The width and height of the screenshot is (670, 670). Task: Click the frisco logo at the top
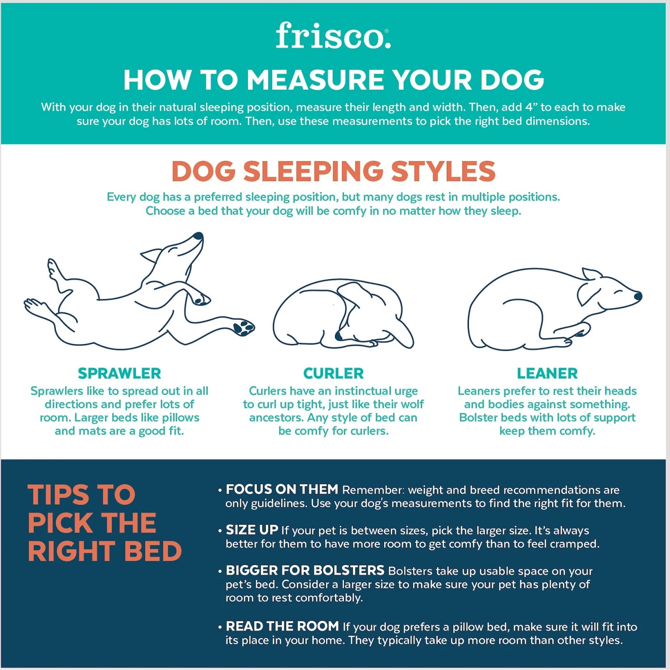click(333, 36)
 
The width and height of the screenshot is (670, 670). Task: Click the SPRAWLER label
click(119, 373)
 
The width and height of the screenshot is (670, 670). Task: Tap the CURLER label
click(333, 373)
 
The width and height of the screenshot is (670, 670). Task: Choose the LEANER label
click(547, 373)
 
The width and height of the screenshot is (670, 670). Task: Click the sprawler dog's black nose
click(197, 236)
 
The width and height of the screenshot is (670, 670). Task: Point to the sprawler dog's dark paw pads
click(243, 327)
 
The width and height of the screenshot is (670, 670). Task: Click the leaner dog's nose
click(638, 296)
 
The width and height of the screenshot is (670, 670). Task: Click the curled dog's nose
click(339, 336)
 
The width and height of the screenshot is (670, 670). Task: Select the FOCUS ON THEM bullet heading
click(282, 490)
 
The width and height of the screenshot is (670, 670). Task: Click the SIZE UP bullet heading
click(252, 530)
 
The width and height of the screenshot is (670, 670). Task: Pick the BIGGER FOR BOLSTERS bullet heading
click(305, 570)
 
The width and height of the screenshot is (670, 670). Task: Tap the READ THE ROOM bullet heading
click(282, 626)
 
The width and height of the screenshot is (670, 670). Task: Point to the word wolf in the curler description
click(413, 404)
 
